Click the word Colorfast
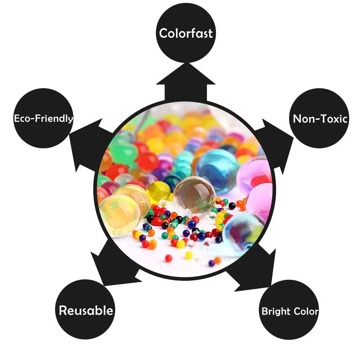click(186, 33)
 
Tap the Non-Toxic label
click(320, 119)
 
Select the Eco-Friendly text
click(44, 118)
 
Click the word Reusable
click(86, 310)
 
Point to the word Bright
click(275, 311)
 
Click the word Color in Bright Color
click(305, 311)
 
